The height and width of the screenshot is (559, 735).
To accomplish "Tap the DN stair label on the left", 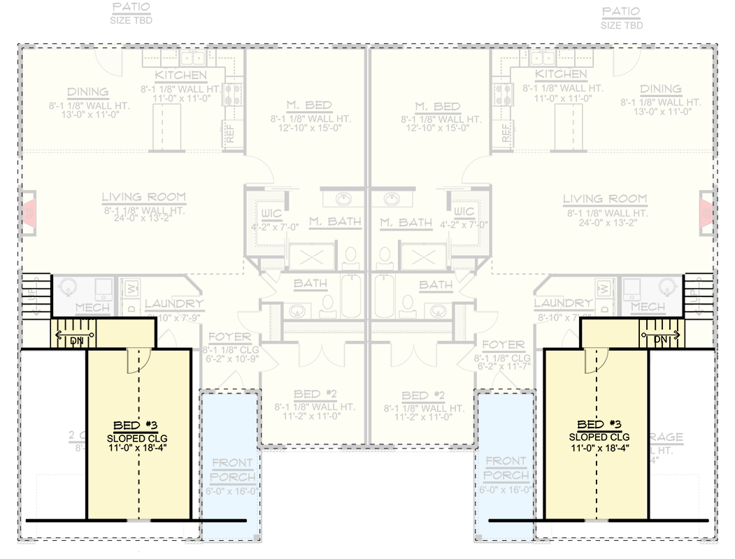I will (76, 340).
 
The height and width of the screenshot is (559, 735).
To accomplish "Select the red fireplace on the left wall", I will (30, 211).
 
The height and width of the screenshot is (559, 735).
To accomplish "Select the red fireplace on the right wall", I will (706, 211).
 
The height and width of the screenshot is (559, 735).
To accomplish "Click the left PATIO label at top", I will (131, 8).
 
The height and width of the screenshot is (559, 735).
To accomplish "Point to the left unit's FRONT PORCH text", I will (234, 470).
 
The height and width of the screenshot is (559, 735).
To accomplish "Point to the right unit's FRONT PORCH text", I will (506, 468).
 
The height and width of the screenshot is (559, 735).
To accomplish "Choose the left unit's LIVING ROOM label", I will (143, 198).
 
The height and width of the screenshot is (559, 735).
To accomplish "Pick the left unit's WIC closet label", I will (271, 212).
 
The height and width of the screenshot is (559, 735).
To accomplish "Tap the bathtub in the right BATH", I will (385, 296).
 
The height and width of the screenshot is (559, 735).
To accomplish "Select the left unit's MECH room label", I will (92, 307).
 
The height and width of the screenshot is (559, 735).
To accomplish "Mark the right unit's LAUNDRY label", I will (563, 303).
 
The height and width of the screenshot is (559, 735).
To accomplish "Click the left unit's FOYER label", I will (229, 337).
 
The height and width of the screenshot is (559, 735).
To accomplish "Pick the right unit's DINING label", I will (660, 89).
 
